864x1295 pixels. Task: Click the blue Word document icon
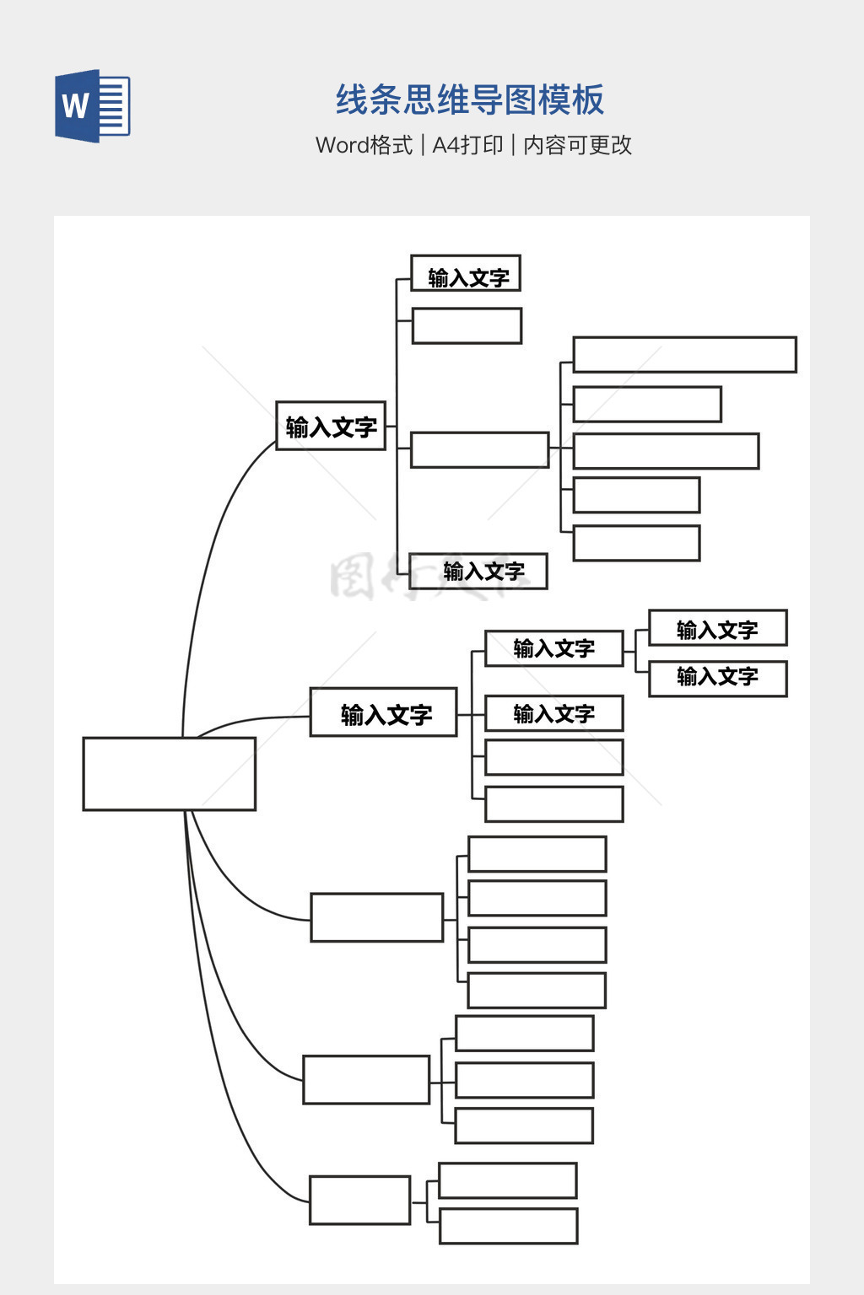point(92,106)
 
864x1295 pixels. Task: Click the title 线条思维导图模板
point(470,100)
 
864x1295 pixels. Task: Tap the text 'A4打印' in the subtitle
point(467,145)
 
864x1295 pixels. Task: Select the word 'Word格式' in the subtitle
point(364,145)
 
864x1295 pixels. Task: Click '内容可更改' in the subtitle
point(577,145)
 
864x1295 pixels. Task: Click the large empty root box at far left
point(169,774)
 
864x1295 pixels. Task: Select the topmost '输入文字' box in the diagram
point(466,274)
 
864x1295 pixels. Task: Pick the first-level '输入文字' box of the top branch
point(331,426)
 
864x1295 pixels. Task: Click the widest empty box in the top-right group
point(684,355)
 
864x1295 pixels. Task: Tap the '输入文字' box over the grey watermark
point(478,571)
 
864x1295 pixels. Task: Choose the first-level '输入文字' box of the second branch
point(383,713)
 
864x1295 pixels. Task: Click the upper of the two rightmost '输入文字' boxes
point(717,628)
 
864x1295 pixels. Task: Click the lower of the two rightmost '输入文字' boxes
point(717,678)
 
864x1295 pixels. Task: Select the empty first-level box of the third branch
point(376,917)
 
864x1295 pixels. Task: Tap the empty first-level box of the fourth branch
point(366,1080)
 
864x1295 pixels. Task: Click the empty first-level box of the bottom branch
point(359,1200)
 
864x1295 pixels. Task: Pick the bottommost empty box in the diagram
point(508,1226)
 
